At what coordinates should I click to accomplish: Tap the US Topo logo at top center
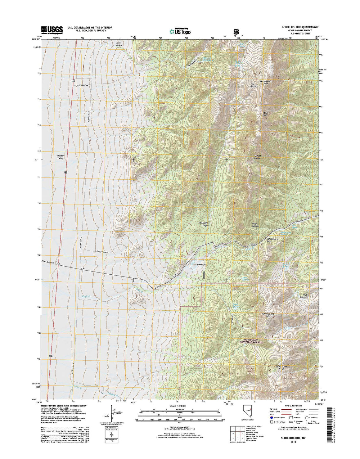coord(180,31)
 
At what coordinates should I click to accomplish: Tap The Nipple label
coord(253,85)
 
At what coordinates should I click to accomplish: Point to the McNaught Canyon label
coord(203,224)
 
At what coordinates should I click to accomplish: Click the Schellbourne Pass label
coord(273,240)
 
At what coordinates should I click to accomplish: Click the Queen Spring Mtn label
coord(268,315)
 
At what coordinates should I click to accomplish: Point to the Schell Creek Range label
coord(280,367)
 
